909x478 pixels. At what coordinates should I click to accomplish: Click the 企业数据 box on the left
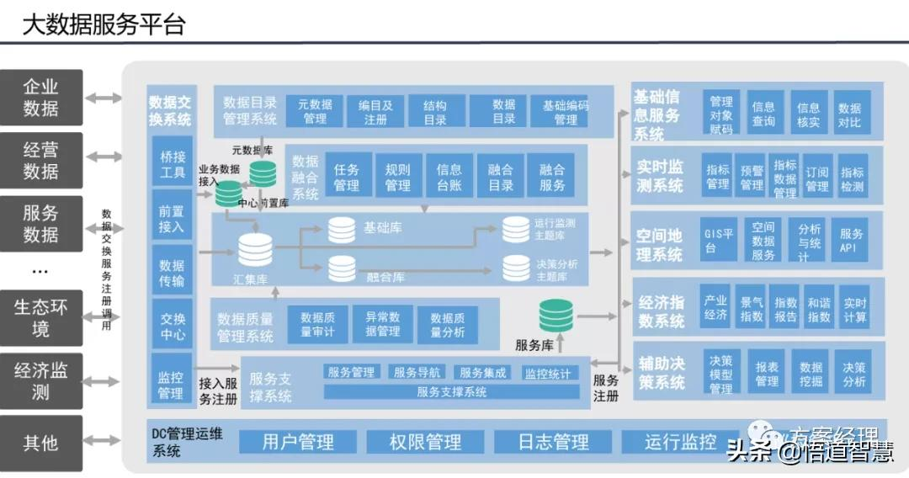41,98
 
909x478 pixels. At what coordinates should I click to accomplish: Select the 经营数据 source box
41,160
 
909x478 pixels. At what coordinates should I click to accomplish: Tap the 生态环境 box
41,317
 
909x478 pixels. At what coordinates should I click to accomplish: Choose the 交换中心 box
172,325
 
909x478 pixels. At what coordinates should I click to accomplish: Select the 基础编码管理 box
566,112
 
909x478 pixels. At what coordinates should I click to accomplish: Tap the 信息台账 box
449,177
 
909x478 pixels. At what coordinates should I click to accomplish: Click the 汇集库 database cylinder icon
255,250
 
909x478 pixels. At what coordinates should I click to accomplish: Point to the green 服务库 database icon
555,316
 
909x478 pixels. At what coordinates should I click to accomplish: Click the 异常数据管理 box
382,324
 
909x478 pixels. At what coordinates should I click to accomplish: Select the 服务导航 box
417,372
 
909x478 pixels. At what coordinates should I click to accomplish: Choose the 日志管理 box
553,442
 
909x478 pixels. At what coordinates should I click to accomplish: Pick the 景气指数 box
751,309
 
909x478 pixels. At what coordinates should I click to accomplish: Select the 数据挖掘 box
811,374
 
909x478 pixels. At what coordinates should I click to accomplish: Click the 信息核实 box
808,114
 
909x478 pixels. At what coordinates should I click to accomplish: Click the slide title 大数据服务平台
103,25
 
